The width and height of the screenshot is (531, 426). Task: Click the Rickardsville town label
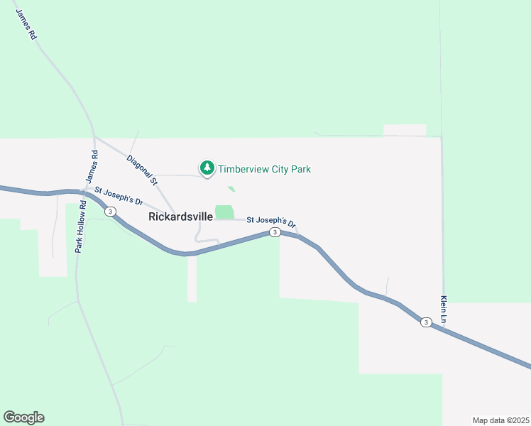[180, 217]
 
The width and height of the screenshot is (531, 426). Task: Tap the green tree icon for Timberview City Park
[207, 169]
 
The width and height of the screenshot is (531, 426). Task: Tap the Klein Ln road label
[444, 310]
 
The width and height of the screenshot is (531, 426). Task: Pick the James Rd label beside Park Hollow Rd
[91, 169]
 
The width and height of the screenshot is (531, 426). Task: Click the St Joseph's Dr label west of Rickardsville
[119, 197]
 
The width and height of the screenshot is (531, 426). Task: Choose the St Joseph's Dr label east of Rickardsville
[271, 221]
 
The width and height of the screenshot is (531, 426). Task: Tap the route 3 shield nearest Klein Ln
[425, 322]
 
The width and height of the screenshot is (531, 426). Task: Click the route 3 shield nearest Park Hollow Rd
[110, 211]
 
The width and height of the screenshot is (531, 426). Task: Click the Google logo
[23, 417]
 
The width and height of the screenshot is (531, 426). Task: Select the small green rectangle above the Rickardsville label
[224, 212]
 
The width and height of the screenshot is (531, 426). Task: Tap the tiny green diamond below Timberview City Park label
[231, 189]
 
